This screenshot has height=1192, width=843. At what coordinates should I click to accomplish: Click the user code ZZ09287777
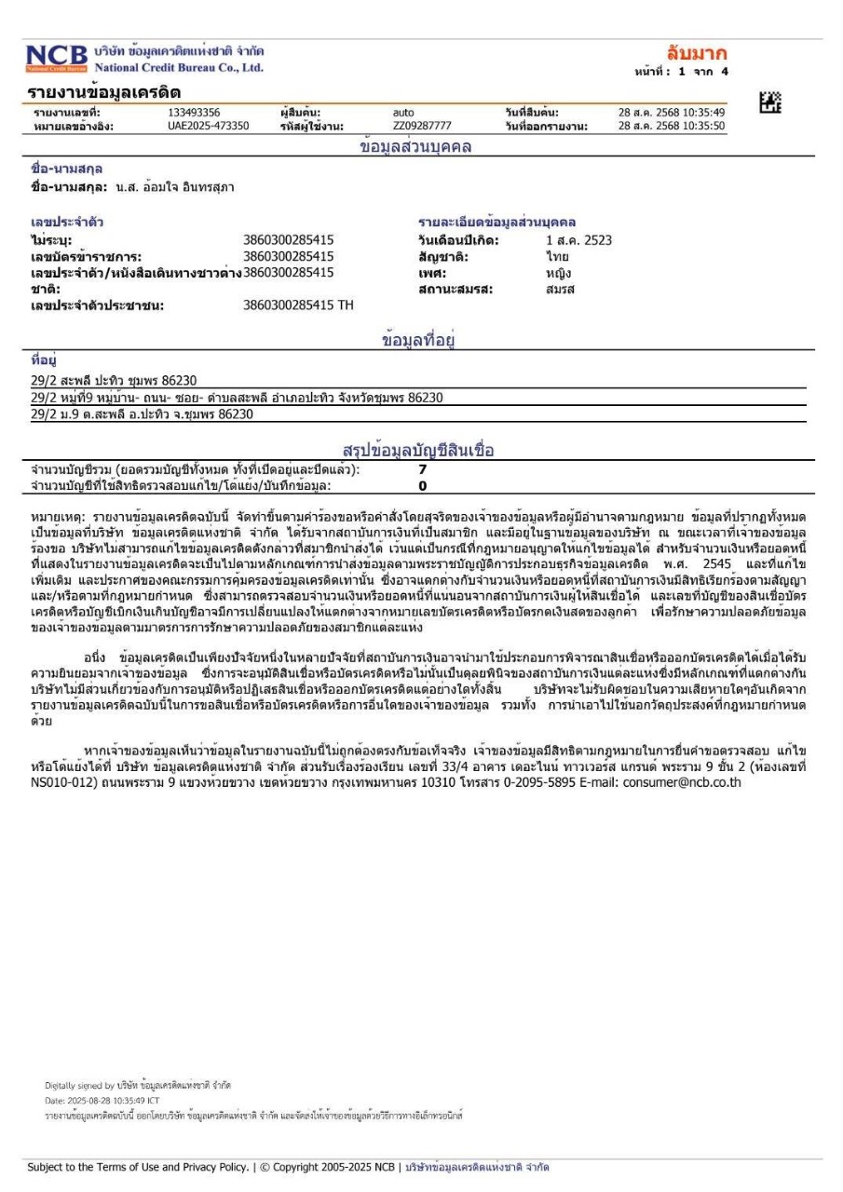point(422,126)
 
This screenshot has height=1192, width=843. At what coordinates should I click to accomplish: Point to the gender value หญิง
point(559,273)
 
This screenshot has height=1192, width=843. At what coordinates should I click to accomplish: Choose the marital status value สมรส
point(561,289)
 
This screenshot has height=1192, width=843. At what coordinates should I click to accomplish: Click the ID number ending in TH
point(298,305)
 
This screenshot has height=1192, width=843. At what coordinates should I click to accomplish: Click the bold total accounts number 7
point(423,469)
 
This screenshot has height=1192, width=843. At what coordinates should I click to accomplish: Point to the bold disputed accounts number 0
point(422,485)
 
